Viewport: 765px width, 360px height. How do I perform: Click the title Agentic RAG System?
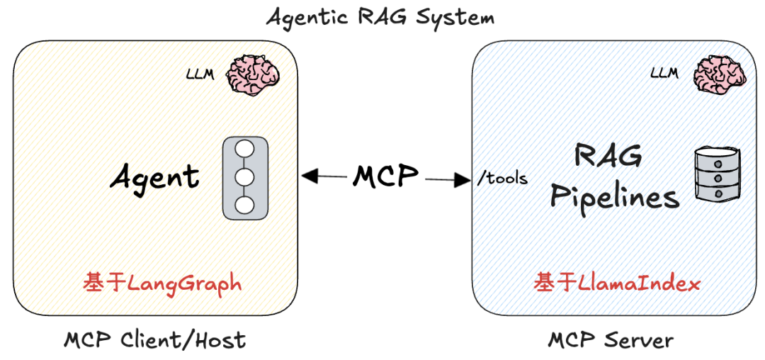[x=380, y=16]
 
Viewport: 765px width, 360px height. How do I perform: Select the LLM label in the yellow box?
[x=200, y=74]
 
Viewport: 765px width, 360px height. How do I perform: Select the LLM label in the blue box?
[x=664, y=72]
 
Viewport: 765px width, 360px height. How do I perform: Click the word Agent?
[x=154, y=176]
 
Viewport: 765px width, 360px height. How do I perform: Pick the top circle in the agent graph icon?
[x=245, y=150]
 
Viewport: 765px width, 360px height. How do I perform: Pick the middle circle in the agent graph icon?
[x=245, y=177]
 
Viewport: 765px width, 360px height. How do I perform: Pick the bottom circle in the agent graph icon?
[x=245, y=205]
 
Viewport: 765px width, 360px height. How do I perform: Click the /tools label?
[x=503, y=177]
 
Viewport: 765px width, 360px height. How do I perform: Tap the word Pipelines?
[x=615, y=196]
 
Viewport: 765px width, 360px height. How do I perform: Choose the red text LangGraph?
[x=184, y=283]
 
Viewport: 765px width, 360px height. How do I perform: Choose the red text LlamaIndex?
[x=639, y=284]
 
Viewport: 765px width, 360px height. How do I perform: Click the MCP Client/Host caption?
[x=155, y=340]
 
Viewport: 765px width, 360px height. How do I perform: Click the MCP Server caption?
[x=611, y=340]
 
